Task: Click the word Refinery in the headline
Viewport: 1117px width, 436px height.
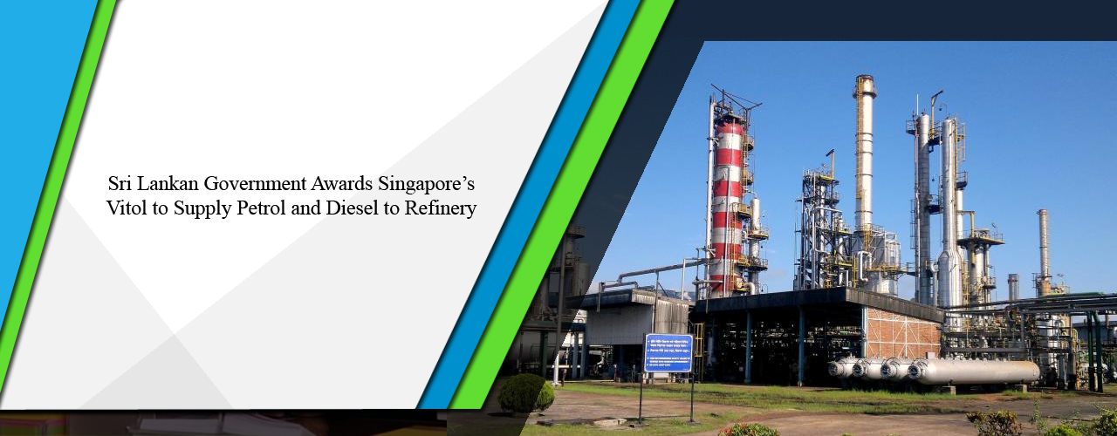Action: (440, 209)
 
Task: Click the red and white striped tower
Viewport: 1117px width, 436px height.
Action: (726, 209)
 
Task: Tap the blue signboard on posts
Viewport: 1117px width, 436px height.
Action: (668, 353)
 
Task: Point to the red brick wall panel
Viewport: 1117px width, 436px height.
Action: (903, 333)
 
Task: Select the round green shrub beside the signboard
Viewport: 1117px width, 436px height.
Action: (525, 393)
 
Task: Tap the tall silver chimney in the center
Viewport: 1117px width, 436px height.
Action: (864, 157)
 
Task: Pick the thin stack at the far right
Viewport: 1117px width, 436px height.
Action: (1043, 249)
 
